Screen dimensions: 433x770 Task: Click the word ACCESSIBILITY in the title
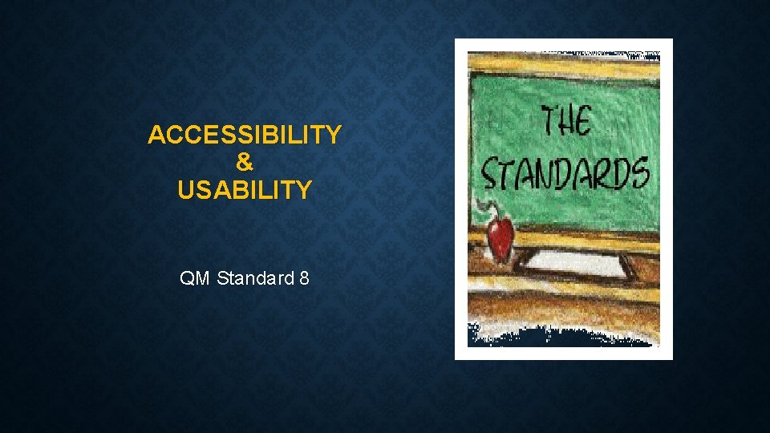point(245,135)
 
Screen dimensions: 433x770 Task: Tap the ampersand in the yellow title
point(245,163)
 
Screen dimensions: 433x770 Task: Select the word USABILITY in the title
point(245,191)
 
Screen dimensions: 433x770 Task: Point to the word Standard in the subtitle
point(254,279)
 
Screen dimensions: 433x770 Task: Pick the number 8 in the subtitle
point(304,279)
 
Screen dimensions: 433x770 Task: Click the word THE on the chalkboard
point(565,122)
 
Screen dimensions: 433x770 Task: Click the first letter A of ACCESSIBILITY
point(156,135)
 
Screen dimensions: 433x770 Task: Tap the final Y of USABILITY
point(304,191)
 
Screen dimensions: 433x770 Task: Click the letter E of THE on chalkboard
point(583,122)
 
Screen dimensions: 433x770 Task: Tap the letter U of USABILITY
point(186,191)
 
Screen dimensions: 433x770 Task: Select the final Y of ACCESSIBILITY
point(334,135)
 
